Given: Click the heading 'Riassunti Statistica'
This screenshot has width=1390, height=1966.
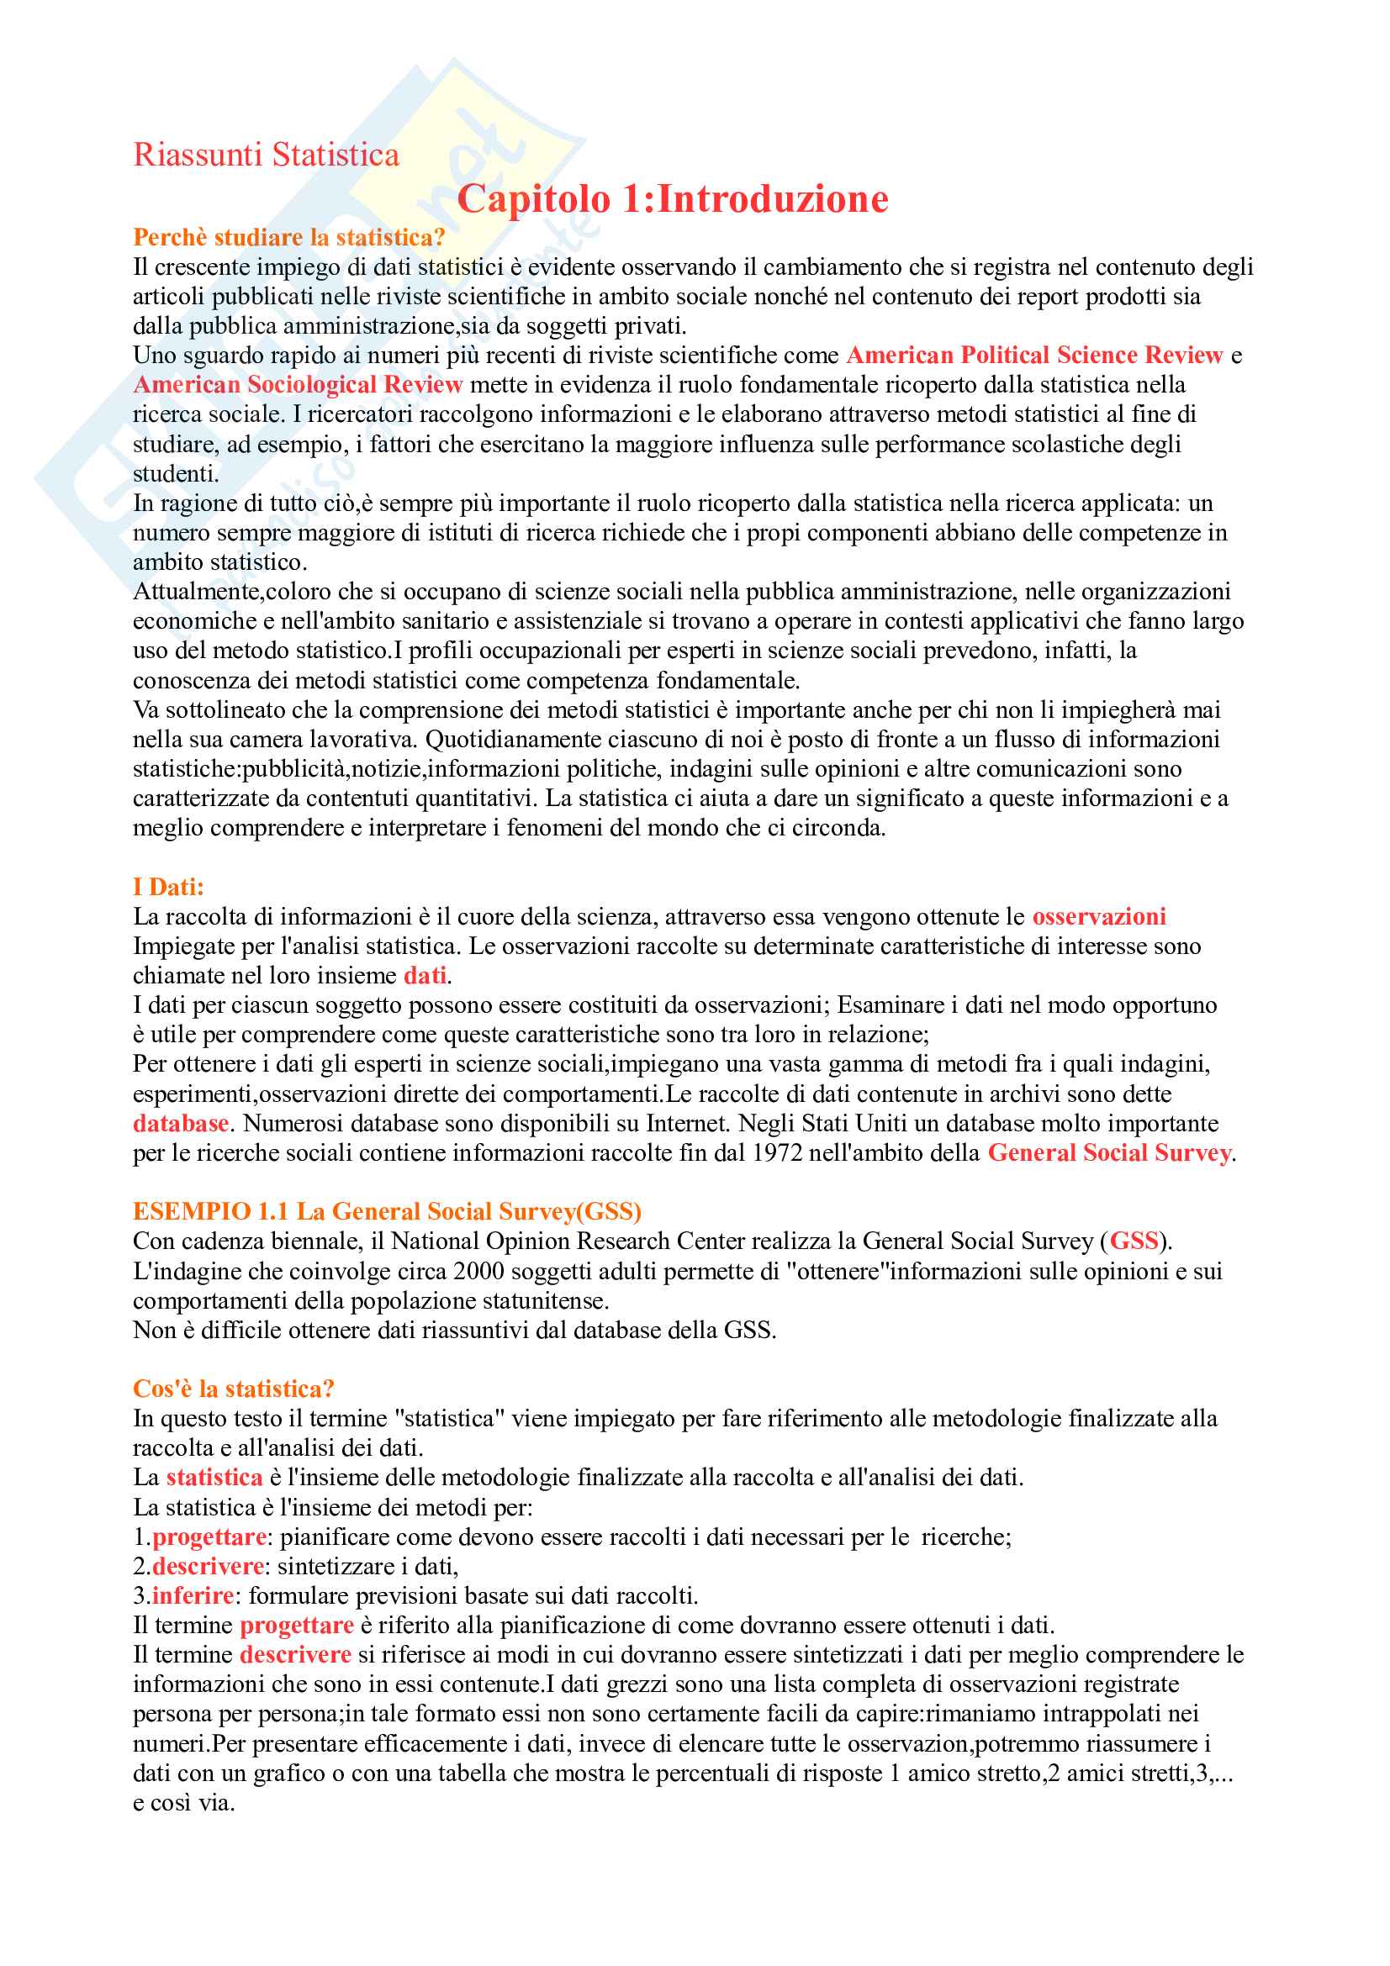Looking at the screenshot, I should pos(266,155).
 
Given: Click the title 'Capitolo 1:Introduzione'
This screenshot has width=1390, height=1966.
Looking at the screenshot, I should pos(673,198).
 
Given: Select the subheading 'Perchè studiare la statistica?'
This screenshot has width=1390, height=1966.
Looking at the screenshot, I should pos(288,237).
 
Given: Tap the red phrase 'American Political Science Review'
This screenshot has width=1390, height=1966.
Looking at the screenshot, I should pos(1034,356).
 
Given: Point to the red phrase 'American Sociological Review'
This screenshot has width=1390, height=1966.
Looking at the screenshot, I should pos(298,384).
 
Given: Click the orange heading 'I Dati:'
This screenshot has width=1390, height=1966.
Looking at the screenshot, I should pos(168,887).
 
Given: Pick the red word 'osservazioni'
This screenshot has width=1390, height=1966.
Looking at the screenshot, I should pos(1099,917).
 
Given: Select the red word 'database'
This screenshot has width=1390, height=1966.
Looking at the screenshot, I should pos(181,1124).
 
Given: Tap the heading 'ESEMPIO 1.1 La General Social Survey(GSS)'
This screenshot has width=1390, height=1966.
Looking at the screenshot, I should pos(387,1212).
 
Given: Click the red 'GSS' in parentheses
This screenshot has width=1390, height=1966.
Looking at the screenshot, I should pos(1134,1241).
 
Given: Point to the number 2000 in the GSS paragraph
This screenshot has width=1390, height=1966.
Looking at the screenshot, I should pos(478,1272).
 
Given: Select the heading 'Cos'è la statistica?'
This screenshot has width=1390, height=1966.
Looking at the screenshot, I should pos(233,1389).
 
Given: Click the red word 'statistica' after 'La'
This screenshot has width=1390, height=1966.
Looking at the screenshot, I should pos(214,1478).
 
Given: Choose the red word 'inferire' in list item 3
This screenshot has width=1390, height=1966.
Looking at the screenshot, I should pos(193,1596).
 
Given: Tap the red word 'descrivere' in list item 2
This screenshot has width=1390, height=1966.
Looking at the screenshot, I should pos(208,1566).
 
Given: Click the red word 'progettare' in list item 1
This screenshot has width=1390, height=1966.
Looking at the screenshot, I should pos(209,1537).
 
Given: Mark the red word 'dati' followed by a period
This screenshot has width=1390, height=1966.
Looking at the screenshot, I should pos(425,976).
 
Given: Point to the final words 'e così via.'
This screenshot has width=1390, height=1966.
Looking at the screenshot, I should pos(183,1803).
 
